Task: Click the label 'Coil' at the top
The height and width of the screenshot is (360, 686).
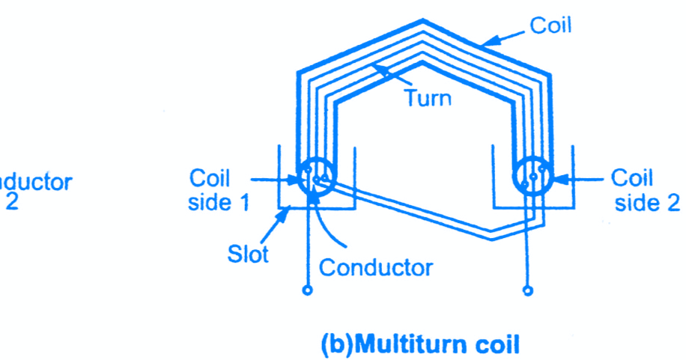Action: click(x=550, y=25)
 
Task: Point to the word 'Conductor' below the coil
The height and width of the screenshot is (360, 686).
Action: click(x=376, y=267)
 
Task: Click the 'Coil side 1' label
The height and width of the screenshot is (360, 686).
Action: click(x=218, y=190)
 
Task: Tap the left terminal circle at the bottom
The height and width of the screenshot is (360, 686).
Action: click(x=306, y=290)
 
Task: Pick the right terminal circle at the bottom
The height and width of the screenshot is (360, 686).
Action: click(x=528, y=290)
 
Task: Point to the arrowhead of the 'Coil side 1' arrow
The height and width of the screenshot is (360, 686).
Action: click(x=296, y=180)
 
